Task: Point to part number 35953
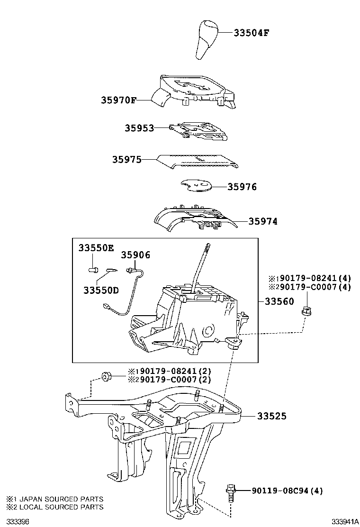click(139, 128)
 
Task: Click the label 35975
click(126, 160)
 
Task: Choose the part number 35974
click(263, 221)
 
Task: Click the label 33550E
click(96, 248)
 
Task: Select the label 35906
click(135, 255)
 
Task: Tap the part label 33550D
click(101, 289)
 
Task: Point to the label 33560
click(279, 301)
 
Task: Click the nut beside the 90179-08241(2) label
click(106, 377)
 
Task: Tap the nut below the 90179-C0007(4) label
click(306, 311)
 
